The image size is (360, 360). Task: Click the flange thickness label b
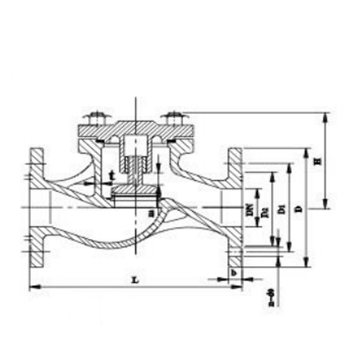(x=235, y=273)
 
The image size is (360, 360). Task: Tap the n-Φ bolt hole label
(x=272, y=298)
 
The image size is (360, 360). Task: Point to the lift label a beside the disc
(x=151, y=212)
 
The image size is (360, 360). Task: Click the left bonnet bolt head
(x=95, y=116)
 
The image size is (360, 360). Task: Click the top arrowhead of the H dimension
(x=325, y=115)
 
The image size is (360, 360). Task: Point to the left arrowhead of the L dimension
(x=33, y=288)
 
